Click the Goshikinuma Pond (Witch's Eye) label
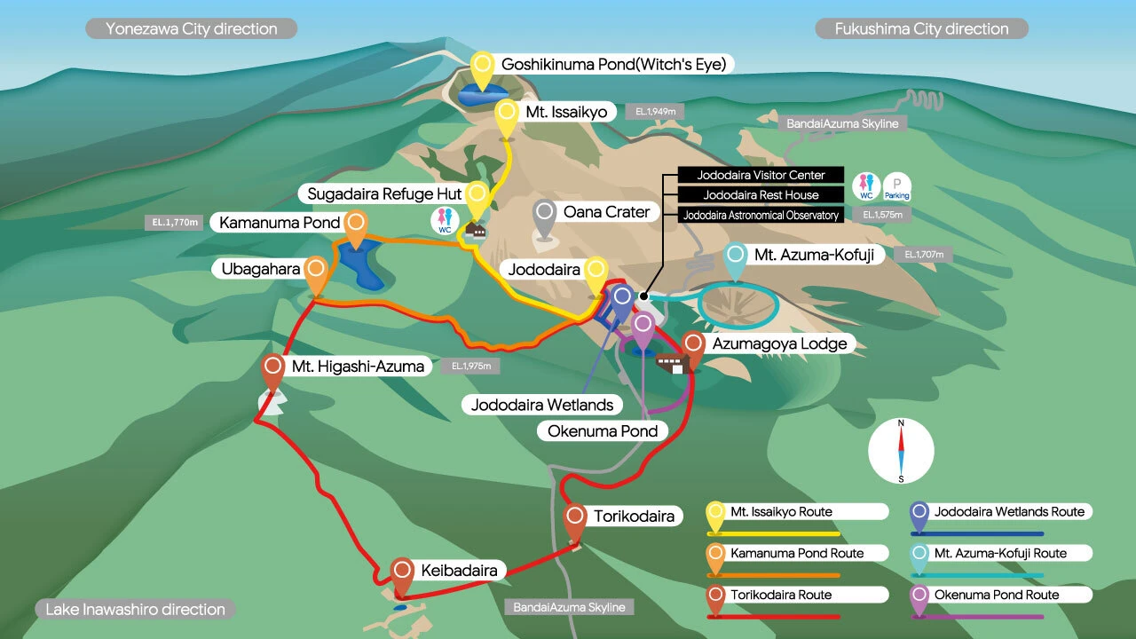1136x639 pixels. (613, 64)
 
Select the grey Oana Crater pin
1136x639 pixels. (545, 216)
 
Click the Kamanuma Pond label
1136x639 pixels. (280, 222)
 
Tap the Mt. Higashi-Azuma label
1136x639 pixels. (358, 366)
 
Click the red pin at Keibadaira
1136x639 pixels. (402, 572)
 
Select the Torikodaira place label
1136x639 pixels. (634, 516)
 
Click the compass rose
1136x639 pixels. (901, 451)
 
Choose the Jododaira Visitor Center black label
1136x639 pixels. (761, 175)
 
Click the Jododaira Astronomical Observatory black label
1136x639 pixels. (761, 215)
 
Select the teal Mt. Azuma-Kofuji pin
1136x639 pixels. (736, 258)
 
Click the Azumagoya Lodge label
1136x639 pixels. (779, 343)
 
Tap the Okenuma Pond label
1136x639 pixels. (602, 430)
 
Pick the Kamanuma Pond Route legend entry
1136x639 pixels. (796, 553)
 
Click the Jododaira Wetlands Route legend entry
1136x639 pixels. (1009, 512)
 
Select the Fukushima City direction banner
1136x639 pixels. (921, 28)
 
